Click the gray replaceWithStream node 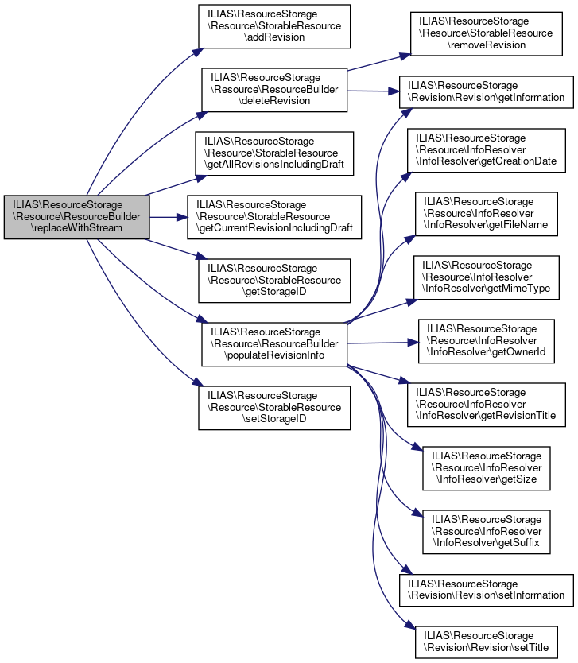76,216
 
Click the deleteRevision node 274,90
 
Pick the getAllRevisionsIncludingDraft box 274,153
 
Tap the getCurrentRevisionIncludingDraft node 274,216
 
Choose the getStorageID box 274,280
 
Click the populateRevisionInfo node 274,343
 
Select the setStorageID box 274,408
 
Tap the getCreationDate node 486,149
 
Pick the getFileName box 486,213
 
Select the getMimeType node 486,276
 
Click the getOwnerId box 486,339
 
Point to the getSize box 486,467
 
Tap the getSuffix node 486,531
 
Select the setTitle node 486,642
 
